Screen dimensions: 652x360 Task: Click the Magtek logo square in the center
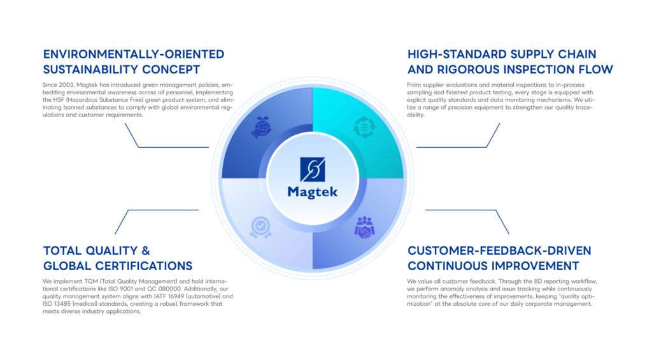[x=312, y=169]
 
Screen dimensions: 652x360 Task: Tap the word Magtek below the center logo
[x=312, y=192]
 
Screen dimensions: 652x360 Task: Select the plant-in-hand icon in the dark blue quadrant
[x=261, y=127]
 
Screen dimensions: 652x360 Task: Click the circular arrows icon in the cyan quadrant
[x=364, y=127]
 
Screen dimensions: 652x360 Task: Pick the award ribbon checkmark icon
[x=260, y=227]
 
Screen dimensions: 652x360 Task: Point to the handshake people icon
[x=364, y=227]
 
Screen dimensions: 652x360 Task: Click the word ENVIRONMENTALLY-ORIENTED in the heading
[x=134, y=54]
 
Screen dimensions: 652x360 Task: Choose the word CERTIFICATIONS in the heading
[x=143, y=266]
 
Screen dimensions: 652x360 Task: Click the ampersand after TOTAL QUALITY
[x=146, y=250]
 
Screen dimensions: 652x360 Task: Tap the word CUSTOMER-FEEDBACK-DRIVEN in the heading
[x=499, y=250]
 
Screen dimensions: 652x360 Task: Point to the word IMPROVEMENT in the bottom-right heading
[x=537, y=266]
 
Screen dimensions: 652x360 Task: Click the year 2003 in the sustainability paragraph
[x=66, y=85]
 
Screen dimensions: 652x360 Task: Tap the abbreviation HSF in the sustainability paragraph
[x=58, y=100]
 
